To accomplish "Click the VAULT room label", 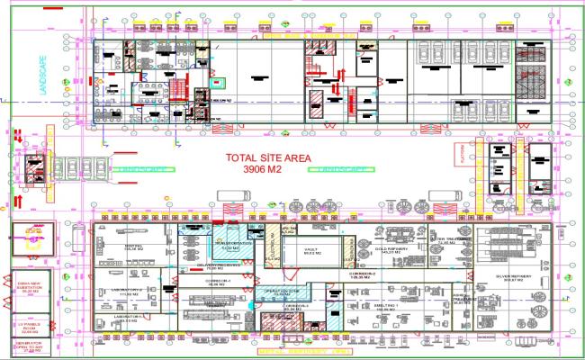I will click(x=311, y=251).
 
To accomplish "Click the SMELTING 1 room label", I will click(x=385, y=306).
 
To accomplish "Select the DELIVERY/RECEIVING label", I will click(x=220, y=265).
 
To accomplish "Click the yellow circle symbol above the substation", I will click(x=33, y=236).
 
